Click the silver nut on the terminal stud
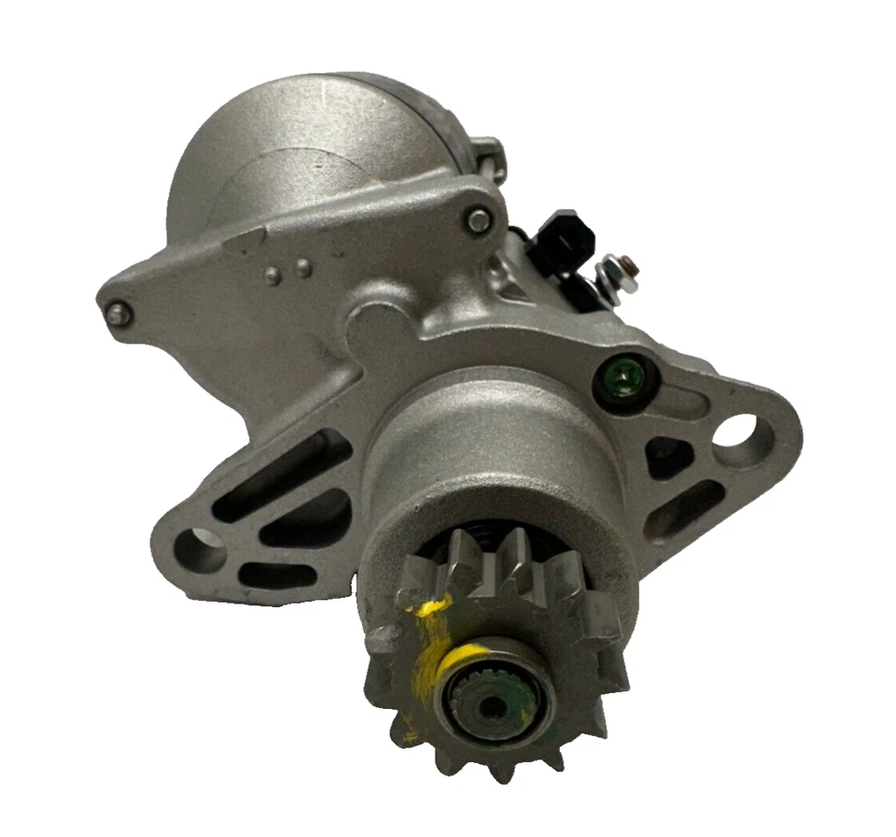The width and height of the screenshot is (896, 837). point(611,271)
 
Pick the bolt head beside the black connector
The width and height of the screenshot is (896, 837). point(480,221)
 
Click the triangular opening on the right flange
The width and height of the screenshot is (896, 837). point(670,458)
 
